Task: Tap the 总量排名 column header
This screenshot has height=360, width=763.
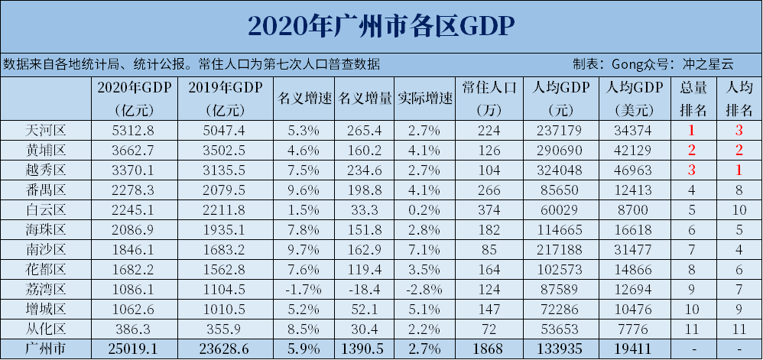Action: coord(693,99)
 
